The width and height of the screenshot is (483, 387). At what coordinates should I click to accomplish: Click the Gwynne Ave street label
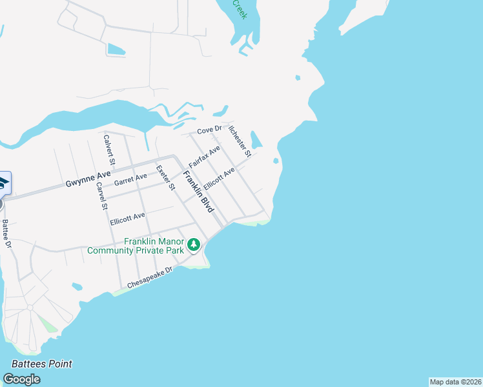click(88, 179)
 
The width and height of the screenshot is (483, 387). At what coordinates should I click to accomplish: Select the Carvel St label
click(101, 197)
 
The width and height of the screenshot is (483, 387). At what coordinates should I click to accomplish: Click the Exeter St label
click(166, 178)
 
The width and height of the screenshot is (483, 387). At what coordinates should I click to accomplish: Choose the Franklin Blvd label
click(198, 192)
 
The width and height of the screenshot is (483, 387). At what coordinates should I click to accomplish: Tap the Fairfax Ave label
click(205, 157)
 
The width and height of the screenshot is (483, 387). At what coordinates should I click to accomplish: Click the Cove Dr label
click(209, 130)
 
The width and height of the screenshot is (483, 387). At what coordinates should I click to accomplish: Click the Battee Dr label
click(6, 233)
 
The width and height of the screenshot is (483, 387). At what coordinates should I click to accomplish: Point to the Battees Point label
click(42, 364)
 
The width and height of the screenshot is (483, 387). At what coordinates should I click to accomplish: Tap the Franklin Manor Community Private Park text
click(136, 246)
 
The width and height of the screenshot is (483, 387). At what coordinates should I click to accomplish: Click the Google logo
click(21, 379)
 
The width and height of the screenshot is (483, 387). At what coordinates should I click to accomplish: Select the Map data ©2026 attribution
click(455, 382)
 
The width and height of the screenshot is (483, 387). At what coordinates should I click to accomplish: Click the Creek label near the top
click(240, 9)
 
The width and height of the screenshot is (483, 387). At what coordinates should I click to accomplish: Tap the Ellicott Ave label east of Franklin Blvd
click(219, 179)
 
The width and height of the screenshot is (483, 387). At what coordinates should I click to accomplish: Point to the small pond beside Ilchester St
click(256, 140)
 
